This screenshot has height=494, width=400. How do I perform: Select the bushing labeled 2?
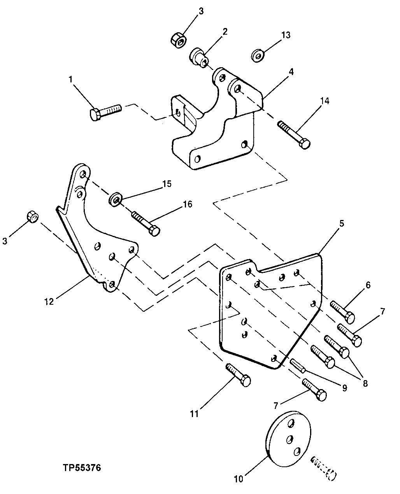[x=200, y=57]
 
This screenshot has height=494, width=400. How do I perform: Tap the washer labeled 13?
[x=258, y=56]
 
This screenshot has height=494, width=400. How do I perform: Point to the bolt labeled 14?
[x=294, y=135]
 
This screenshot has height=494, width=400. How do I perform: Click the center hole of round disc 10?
[x=289, y=439]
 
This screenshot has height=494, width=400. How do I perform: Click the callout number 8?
[x=365, y=383]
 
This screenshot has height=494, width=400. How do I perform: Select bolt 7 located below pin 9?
[x=314, y=390]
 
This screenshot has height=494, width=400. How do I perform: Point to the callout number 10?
[x=238, y=479]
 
